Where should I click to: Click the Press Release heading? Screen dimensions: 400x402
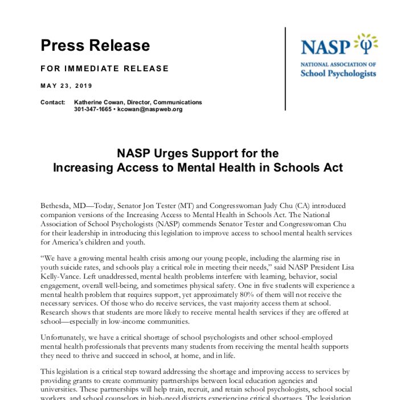pyautogui.click(x=95, y=46)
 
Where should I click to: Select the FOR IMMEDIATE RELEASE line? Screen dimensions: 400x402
pyautogui.click(x=104, y=68)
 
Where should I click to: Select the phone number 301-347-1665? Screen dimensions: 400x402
pyautogui.click(x=93, y=109)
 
